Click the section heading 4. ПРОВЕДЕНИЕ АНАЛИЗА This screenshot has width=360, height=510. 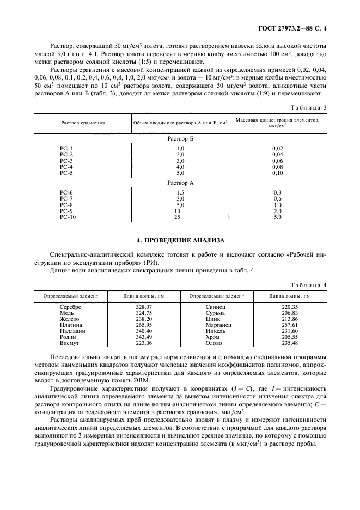click(180, 239)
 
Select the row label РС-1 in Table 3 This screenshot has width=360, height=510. click(66, 148)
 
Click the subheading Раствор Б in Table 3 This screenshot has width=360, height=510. click(180, 139)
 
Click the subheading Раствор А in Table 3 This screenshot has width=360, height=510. click(180, 183)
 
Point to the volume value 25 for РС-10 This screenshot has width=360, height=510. click(177, 217)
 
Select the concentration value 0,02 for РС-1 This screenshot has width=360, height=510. click(277, 148)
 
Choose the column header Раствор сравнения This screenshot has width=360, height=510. click(83, 123)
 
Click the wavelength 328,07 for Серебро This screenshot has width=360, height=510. click(144, 307)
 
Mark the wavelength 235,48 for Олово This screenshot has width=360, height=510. click(290, 343)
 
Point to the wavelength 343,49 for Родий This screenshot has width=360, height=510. click(144, 337)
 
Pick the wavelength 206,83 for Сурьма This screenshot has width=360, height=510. click(290, 313)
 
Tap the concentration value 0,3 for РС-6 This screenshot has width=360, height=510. click(277, 193)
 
